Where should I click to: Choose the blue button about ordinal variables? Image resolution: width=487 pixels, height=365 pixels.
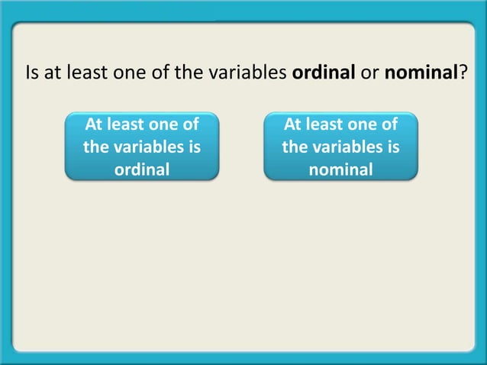point(142,146)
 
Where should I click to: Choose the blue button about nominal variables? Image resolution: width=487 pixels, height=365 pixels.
point(341,146)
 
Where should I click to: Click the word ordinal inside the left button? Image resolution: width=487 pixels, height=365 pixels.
point(142,169)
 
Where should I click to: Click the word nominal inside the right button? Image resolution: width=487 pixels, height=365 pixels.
point(341,169)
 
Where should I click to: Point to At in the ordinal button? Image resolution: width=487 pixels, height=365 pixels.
point(95,124)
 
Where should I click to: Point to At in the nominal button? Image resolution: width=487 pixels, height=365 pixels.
point(294,124)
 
